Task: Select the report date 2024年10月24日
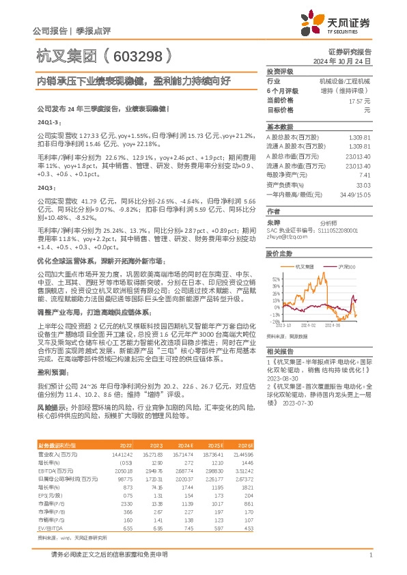coord(346,61)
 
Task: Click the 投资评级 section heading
coord(279,71)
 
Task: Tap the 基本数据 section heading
coord(279,126)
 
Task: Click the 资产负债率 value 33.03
coord(363,184)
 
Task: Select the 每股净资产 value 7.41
coord(365,175)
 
